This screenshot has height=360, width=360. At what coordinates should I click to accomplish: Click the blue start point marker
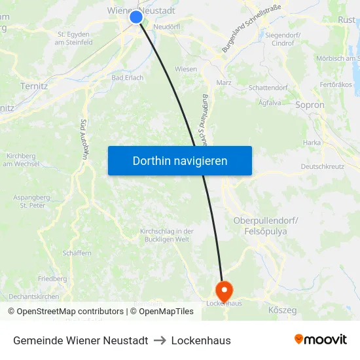tap(136, 17)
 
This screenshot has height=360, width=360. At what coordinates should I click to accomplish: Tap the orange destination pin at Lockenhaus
tap(223, 289)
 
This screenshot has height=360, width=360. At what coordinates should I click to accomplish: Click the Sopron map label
tap(310, 105)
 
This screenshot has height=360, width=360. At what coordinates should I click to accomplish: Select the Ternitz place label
tap(34, 86)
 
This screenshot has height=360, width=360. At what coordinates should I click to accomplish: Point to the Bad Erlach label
tap(128, 77)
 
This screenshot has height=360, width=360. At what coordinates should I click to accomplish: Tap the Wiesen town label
tap(186, 69)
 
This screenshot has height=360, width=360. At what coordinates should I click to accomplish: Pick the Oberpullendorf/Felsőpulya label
tap(265, 226)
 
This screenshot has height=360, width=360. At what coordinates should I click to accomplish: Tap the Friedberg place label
tap(52, 278)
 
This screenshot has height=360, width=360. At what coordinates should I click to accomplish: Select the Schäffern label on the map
tap(77, 253)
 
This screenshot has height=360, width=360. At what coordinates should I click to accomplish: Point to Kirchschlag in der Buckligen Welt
tap(166, 236)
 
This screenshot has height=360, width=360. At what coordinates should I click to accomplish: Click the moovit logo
tap(320, 340)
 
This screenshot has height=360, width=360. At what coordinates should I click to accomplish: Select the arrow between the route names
tap(160, 340)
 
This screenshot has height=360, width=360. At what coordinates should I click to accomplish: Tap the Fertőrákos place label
tap(335, 84)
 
